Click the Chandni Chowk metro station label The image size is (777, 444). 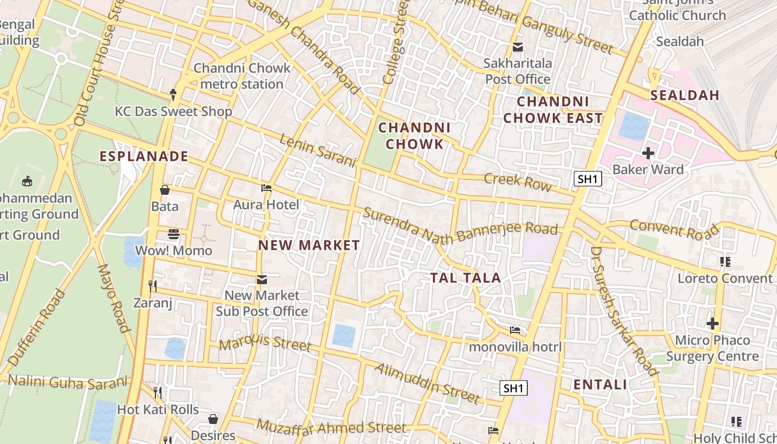pos(242,76)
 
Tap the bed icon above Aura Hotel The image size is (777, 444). pos(266,188)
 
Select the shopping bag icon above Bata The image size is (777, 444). pos(165,190)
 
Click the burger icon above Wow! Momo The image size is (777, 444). pos(174,234)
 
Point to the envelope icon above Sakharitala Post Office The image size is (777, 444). pos(518,47)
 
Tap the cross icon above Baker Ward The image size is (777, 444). pos(648,153)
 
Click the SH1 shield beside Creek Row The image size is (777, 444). pos(588,179)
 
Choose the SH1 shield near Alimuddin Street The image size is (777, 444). pos(513,388)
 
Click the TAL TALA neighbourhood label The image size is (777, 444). pos(466,278)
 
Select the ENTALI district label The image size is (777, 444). pos(600,385)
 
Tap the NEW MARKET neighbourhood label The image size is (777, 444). pos(309,245)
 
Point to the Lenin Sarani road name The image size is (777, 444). pos(317,150)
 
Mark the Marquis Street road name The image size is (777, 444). pos(265,343)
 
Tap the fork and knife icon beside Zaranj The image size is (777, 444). pos(153,286)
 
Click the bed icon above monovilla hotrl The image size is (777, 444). pos(515,331)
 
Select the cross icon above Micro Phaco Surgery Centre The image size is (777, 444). pos(713,324)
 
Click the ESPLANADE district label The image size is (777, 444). pos(144,157)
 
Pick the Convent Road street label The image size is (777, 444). pos(674,229)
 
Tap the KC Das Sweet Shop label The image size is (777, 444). pos(173,112)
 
